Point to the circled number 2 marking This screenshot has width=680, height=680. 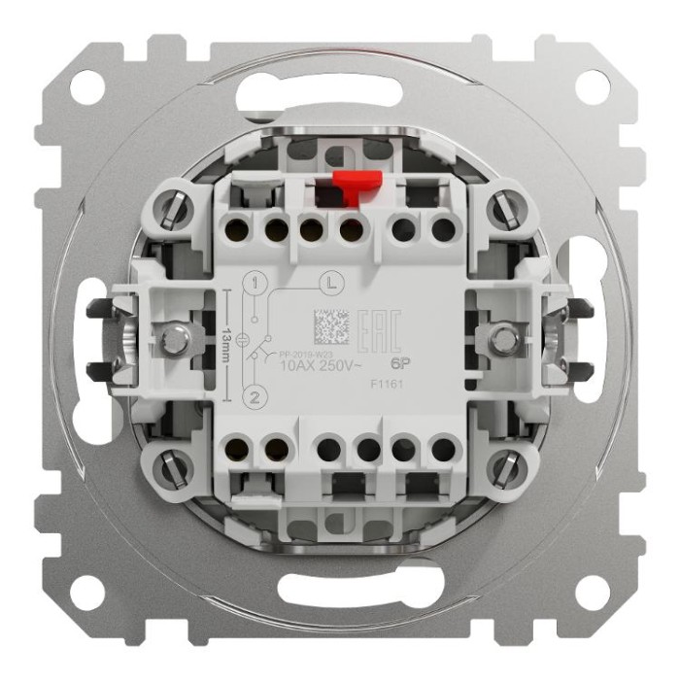pos(255,395)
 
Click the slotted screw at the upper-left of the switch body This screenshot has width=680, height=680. pos(177,208)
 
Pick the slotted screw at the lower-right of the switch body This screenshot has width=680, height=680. pos(501,470)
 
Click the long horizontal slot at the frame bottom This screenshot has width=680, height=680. pos(340,588)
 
